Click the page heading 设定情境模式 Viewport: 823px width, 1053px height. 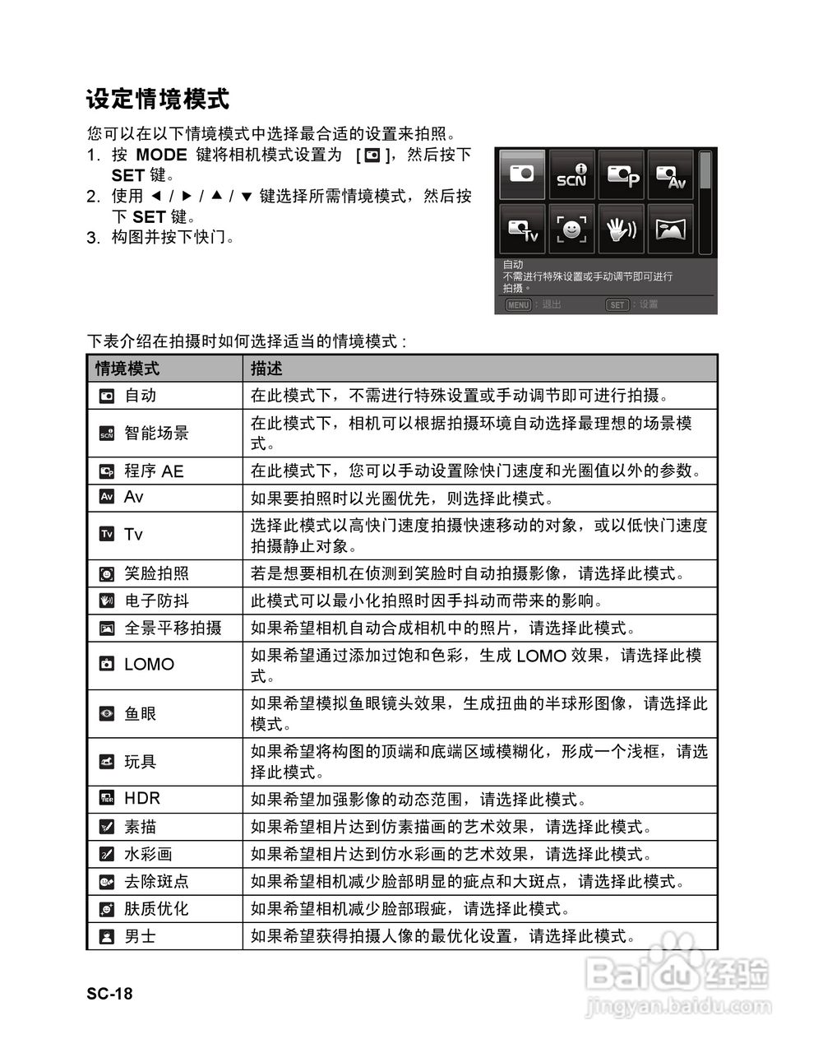[158, 100]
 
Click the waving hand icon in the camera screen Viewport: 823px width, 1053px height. [622, 229]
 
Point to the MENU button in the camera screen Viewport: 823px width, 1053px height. [518, 304]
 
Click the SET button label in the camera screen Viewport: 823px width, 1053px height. [617, 304]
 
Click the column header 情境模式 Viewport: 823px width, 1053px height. [127, 369]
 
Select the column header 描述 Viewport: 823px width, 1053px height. [266, 369]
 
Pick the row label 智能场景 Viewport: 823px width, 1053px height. [156, 433]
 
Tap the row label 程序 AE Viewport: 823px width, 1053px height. [154, 471]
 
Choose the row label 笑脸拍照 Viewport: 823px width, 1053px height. [156, 573]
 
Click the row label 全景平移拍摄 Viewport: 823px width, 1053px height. [173, 629]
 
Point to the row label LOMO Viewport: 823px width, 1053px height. [149, 664]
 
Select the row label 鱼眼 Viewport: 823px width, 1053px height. [140, 714]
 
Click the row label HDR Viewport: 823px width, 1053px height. [142, 798]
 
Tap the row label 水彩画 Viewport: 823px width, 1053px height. [148, 854]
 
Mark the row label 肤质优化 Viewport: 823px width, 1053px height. [156, 909]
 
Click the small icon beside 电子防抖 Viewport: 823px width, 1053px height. [107, 601]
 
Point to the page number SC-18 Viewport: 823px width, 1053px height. [109, 994]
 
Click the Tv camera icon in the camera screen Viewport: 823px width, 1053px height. [523, 229]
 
